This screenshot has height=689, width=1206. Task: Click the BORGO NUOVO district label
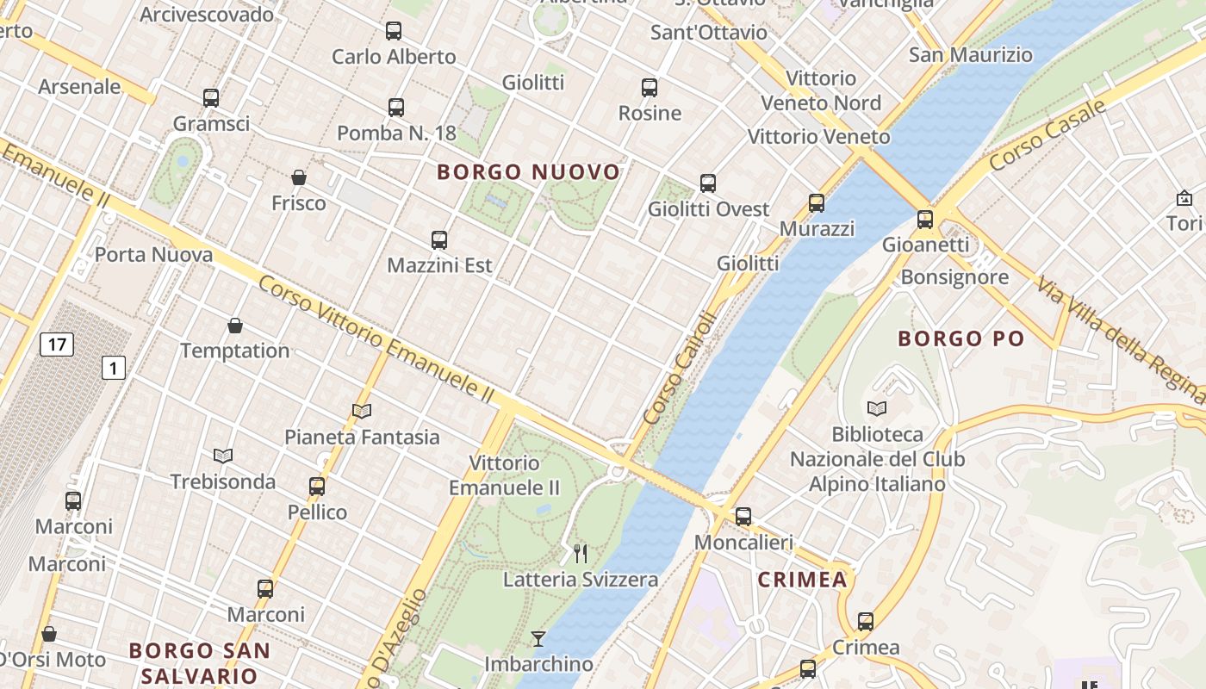528,172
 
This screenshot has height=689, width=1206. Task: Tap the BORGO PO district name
961,338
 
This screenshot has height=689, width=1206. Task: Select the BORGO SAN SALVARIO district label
199,662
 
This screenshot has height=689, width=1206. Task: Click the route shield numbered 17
57,345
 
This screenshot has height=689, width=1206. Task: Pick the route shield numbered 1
114,368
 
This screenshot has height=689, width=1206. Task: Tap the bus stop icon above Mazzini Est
439,240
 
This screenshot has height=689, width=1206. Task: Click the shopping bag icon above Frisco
299,178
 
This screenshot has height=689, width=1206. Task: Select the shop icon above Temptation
235,326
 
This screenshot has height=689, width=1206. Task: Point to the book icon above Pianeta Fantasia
362,412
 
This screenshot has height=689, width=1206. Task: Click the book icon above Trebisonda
223,456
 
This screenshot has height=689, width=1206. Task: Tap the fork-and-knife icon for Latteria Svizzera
581,554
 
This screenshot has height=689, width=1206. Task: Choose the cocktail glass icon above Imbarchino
538,638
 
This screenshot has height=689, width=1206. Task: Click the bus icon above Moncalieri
743,517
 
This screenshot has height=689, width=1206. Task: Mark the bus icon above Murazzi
817,203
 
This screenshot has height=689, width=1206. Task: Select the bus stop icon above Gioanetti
925,220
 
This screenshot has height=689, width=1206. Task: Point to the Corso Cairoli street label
680,369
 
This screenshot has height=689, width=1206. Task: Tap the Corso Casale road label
1047,135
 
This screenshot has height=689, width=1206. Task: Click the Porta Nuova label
153,255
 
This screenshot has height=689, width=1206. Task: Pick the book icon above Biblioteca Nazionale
877,408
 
